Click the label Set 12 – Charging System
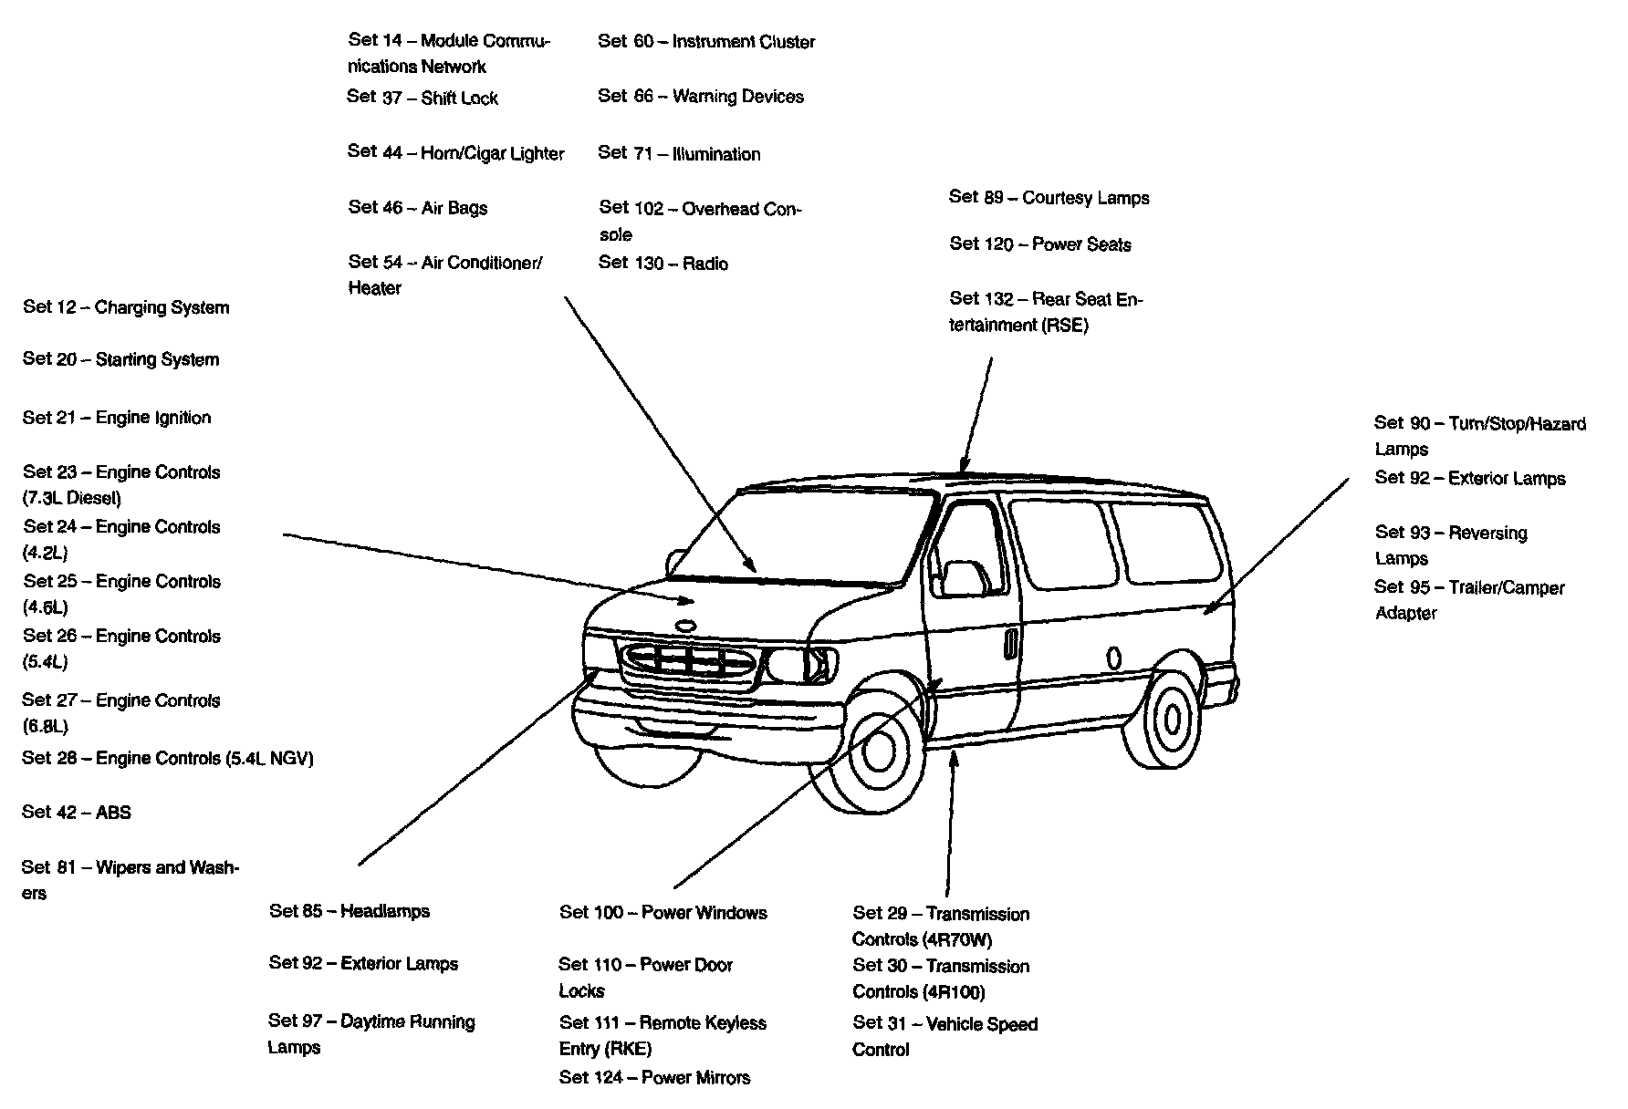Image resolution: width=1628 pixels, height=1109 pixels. [x=126, y=307]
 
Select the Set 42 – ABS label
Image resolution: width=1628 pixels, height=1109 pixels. [x=77, y=812]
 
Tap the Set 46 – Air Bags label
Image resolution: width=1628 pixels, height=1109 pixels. [x=418, y=208]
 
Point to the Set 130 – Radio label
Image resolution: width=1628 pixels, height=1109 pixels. [x=663, y=264]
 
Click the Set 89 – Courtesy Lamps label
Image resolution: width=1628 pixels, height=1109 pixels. [x=1049, y=197]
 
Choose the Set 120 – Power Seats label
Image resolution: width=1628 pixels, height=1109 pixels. [x=1039, y=244]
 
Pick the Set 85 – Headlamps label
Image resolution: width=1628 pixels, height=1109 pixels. [x=350, y=911]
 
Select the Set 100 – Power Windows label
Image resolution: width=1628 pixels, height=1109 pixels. [x=663, y=913]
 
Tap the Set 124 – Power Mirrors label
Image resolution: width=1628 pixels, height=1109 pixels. [x=654, y=1077]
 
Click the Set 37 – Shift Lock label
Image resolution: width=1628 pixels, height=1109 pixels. [x=423, y=98]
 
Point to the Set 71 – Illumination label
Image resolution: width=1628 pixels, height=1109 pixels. [x=679, y=153]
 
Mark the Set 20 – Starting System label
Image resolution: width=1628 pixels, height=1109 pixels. [x=120, y=359]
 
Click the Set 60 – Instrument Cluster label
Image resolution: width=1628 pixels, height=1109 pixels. [x=706, y=42]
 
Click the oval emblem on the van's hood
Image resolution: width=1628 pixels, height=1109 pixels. [x=684, y=625]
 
